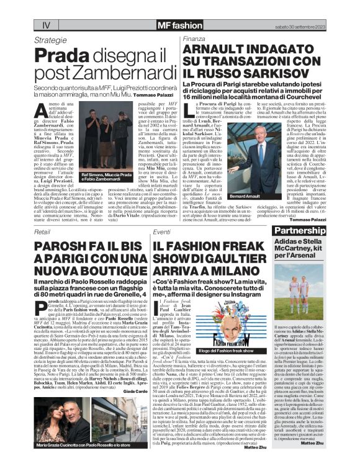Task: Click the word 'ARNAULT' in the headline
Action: click(217, 50)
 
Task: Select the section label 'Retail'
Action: click(43, 231)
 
